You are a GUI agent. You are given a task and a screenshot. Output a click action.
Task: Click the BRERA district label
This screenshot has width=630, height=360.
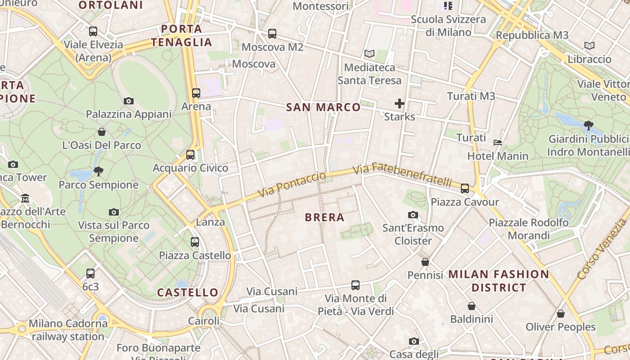pos(324,217)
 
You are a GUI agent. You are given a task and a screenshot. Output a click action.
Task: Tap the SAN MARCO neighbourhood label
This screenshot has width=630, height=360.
pos(324,107)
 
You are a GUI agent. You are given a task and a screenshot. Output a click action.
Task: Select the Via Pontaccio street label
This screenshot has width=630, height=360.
pos(292,184)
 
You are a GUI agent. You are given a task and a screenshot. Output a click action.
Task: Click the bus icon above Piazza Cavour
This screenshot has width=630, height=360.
pos(465,188)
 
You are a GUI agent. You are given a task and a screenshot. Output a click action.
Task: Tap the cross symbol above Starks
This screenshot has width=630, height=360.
pos(400,103)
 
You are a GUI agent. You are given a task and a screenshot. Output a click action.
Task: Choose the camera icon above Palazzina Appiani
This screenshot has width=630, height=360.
pos(129,101)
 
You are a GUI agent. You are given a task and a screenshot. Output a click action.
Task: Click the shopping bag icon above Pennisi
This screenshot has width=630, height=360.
pos(425,262)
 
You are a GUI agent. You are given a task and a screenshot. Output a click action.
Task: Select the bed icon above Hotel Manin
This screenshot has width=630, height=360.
pos(498,143)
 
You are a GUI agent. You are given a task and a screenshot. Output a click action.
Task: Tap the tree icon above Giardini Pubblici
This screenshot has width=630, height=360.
pos(588,126)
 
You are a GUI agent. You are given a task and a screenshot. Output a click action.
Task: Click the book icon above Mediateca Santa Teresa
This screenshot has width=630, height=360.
pos(369,54)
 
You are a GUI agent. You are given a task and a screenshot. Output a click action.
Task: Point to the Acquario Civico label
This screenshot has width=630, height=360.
pos(190,168)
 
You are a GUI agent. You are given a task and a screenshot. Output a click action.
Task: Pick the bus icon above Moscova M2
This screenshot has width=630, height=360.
pos(272,34)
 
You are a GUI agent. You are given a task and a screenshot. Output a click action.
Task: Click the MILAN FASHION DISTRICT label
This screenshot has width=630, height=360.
pos(499,281)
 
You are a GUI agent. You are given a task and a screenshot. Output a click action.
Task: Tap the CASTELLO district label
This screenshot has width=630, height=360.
pos(188,292)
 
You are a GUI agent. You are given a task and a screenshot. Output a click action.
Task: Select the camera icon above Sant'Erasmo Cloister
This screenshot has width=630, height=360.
pos(413,215)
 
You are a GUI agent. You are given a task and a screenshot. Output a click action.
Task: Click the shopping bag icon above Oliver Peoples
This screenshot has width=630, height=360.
pos(560,314)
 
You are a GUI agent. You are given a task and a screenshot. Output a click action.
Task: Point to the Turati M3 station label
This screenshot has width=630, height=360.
pos(471,96)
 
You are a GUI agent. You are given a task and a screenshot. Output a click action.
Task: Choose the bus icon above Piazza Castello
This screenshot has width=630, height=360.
pos(195,242)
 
